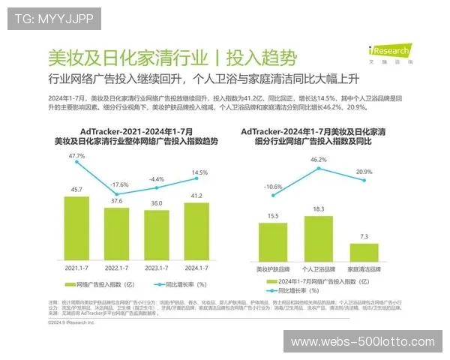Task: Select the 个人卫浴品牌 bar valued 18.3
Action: (x=319, y=238)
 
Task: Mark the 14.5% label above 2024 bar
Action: (x=199, y=172)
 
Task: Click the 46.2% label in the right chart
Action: (x=318, y=160)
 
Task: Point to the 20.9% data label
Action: (x=364, y=172)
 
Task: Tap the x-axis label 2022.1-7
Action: (x=115, y=267)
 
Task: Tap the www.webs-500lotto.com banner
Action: (x=362, y=341)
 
